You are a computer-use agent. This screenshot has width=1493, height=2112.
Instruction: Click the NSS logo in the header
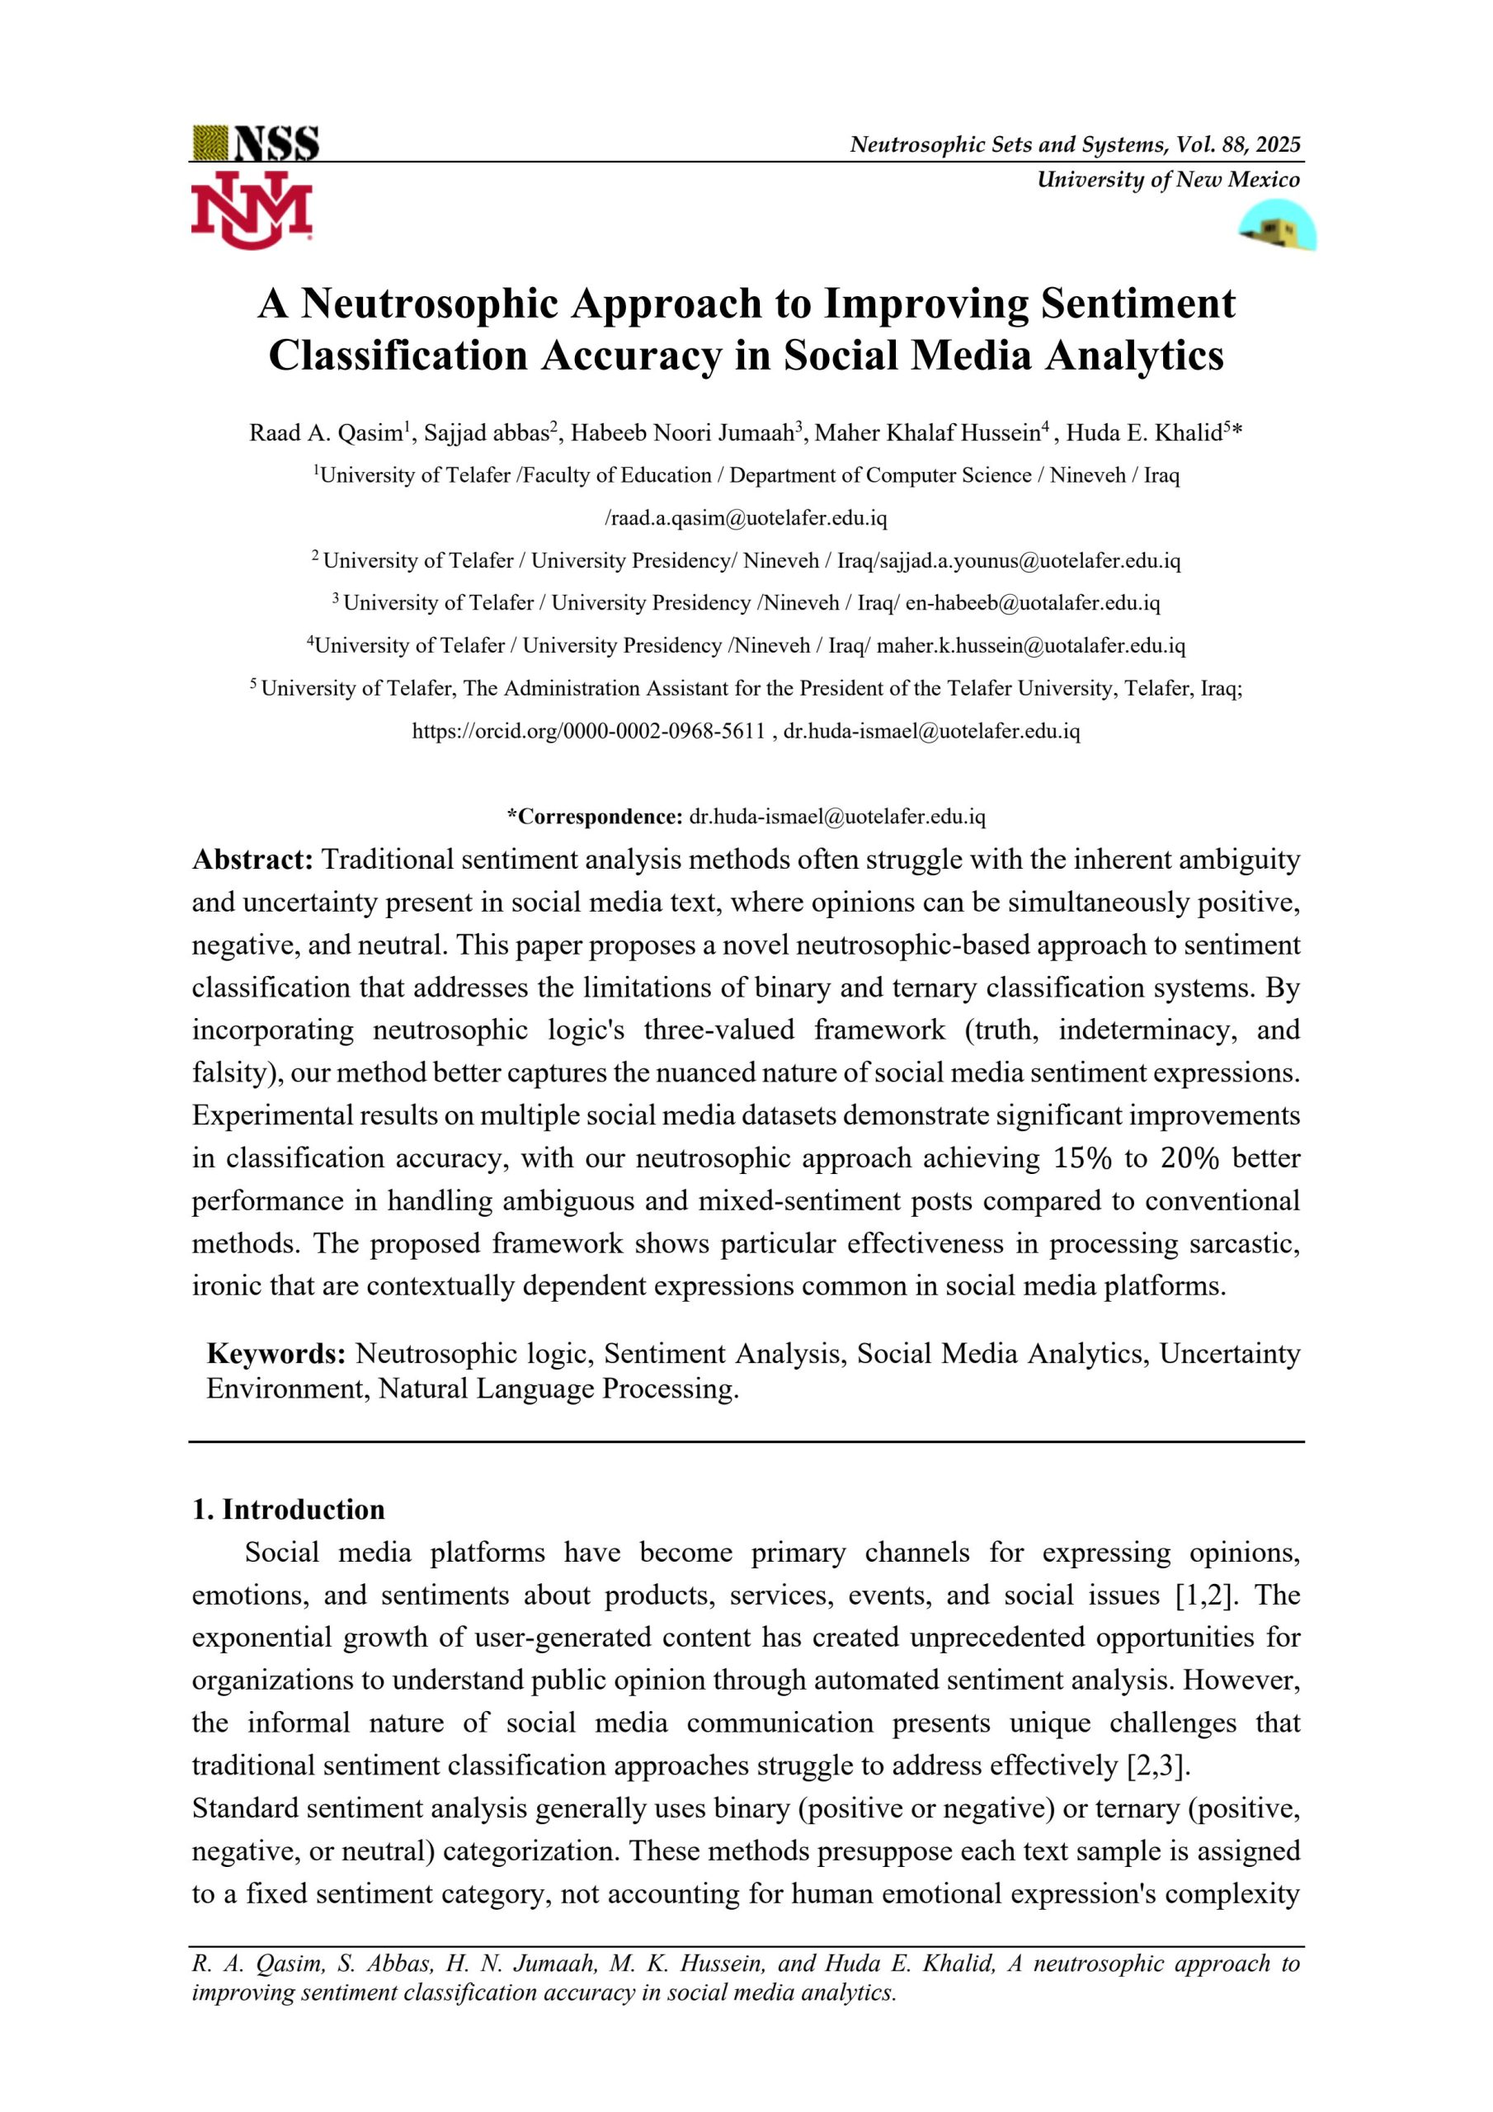click(x=257, y=144)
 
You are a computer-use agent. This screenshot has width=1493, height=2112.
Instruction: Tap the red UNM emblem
click(x=251, y=210)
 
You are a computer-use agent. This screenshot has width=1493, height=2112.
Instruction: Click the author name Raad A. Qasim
click(x=326, y=433)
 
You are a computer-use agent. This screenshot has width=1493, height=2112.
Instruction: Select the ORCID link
click(x=589, y=731)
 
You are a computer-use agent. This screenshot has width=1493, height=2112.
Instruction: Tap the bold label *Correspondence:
click(x=594, y=817)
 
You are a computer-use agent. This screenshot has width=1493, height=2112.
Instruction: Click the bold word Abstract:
click(x=253, y=860)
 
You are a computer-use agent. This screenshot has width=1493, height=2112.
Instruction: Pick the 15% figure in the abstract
click(x=1083, y=1158)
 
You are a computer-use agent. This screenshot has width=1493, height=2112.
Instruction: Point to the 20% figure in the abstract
click(x=1189, y=1158)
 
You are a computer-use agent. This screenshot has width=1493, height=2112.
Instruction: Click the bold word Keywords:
click(x=276, y=1354)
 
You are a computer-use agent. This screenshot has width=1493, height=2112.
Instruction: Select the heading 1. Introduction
click(x=288, y=1510)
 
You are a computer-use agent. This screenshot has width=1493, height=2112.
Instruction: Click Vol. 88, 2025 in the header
click(x=1238, y=144)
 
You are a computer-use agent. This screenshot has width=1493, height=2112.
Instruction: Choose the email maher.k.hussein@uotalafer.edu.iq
click(x=1030, y=646)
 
